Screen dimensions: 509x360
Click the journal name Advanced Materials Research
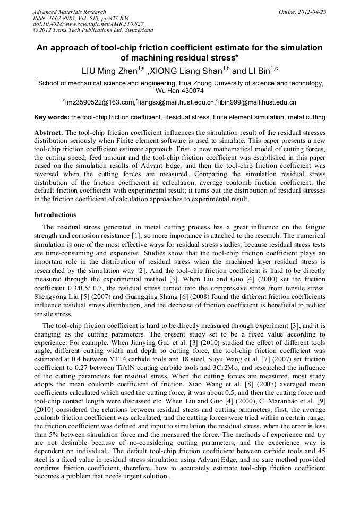69,12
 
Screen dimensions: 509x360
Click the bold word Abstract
49,132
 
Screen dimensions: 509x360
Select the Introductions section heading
55,215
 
